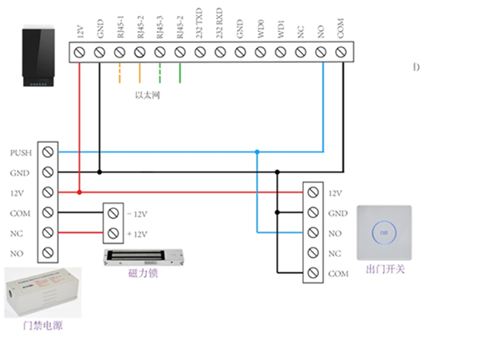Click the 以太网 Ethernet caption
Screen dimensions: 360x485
click(x=148, y=94)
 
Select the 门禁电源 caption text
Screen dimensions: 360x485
click(x=44, y=326)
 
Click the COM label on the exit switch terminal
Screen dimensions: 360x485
click(x=336, y=274)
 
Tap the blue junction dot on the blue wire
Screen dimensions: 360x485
click(x=257, y=152)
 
